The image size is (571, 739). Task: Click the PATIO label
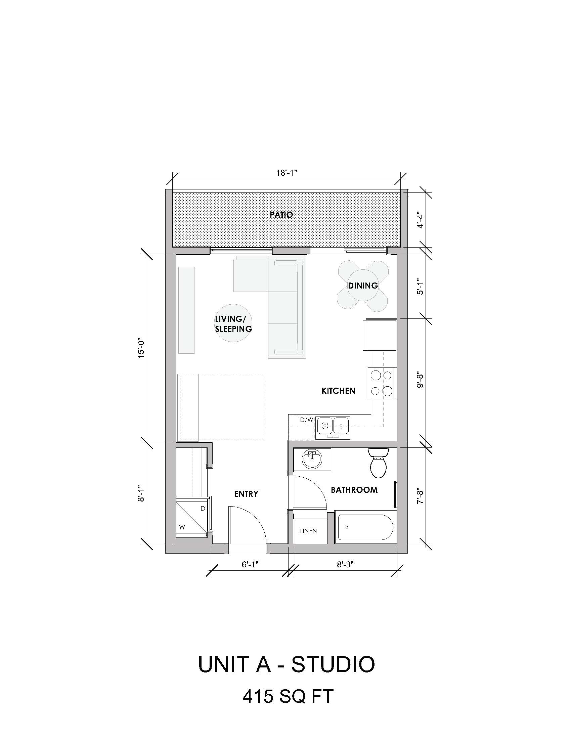tap(281, 215)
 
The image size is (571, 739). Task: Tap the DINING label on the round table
tap(363, 286)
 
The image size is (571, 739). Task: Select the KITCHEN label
tap(338, 391)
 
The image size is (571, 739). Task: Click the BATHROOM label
tap(354, 490)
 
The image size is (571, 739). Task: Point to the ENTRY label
tap(246, 494)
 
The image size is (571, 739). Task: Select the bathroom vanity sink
tap(312, 459)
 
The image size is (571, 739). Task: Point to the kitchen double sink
tap(333, 428)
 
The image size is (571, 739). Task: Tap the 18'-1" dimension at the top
tap(287, 173)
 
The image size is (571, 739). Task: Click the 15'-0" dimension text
tap(141, 349)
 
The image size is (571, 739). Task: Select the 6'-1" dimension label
tap(250, 564)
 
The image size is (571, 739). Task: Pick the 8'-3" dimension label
tap(345, 564)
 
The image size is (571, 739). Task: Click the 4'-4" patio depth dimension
tap(420, 220)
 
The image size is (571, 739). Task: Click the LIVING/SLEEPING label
tap(233, 324)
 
